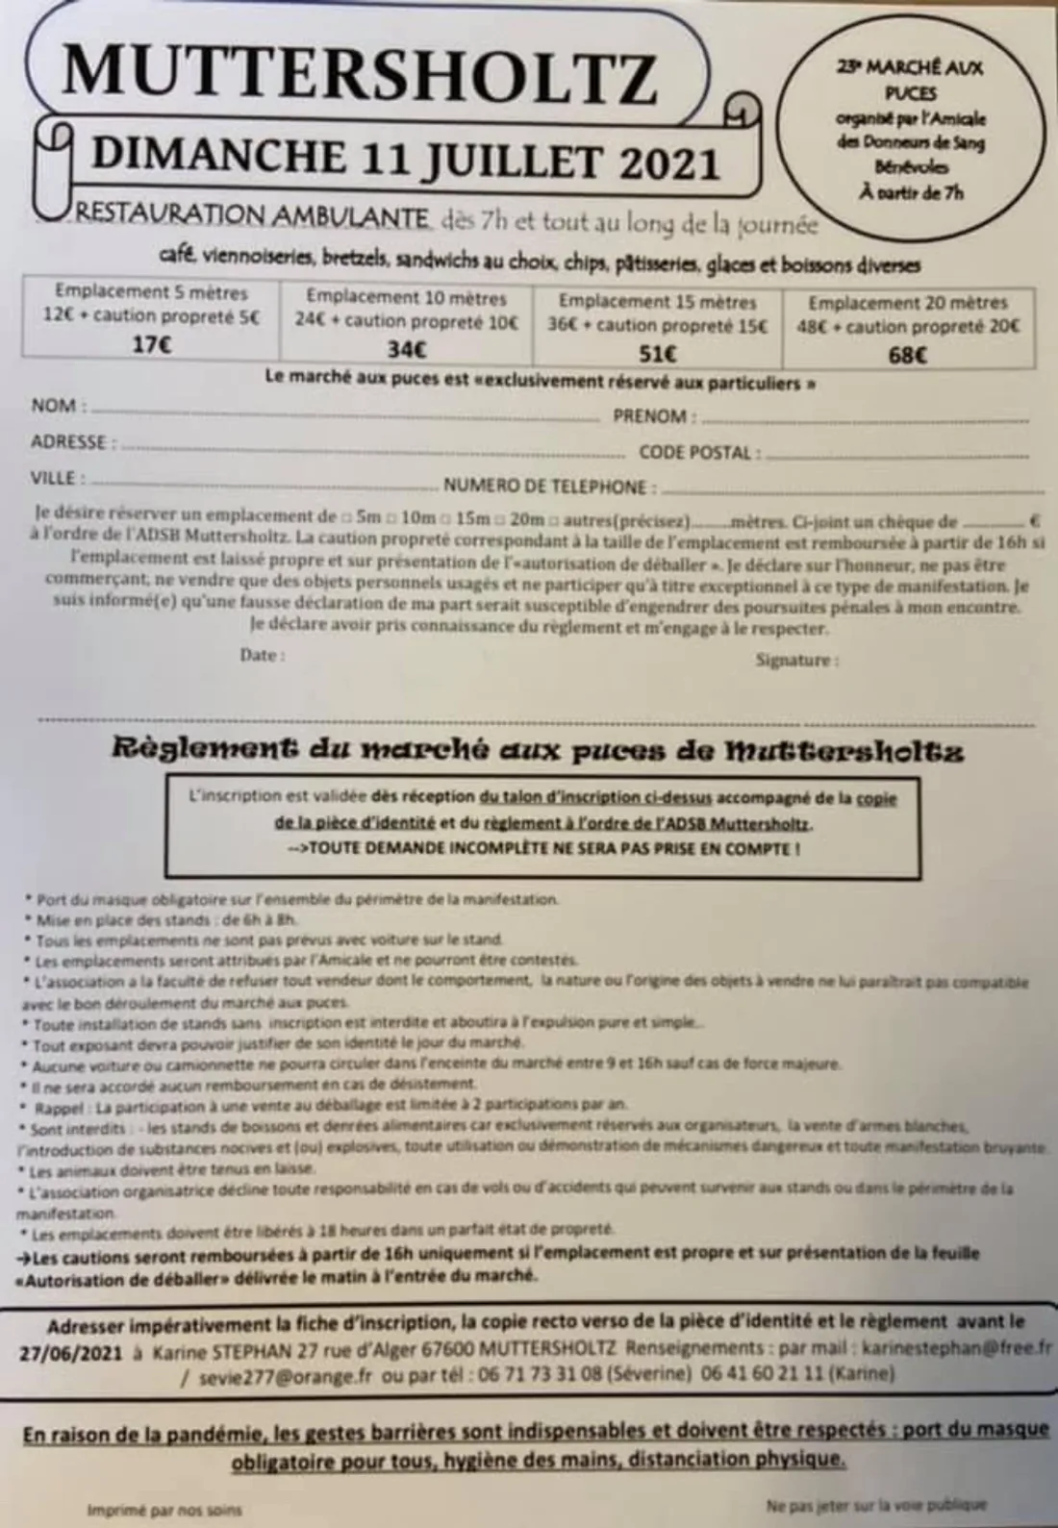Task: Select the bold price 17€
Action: coord(151,346)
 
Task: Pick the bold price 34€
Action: coord(406,349)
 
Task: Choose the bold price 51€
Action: coord(658,354)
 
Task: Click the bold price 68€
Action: coord(907,356)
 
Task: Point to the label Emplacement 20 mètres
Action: coord(908,303)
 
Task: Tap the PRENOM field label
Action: coord(650,416)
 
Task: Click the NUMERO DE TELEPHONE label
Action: coord(543,487)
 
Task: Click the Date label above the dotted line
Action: coord(262,655)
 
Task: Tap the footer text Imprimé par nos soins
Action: coord(164,1509)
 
